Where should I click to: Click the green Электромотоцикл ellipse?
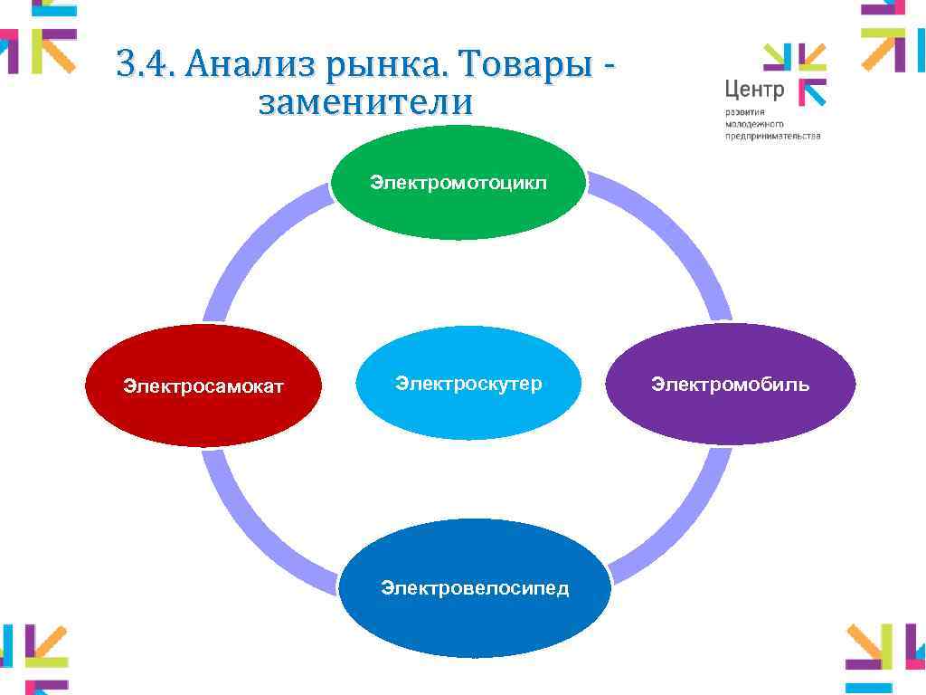pos(458,184)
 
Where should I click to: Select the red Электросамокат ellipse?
pos(203,386)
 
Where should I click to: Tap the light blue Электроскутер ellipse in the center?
pos(468,383)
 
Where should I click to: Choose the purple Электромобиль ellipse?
pos(730,385)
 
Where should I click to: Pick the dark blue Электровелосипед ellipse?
pos(475,588)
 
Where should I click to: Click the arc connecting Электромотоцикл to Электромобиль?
pos(669,235)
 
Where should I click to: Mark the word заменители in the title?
pos(365,103)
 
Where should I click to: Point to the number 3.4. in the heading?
pos(146,66)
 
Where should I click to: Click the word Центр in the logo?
pos(754,90)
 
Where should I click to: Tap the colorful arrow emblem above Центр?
pos(796,72)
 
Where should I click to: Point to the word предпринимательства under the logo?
pos(772,136)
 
